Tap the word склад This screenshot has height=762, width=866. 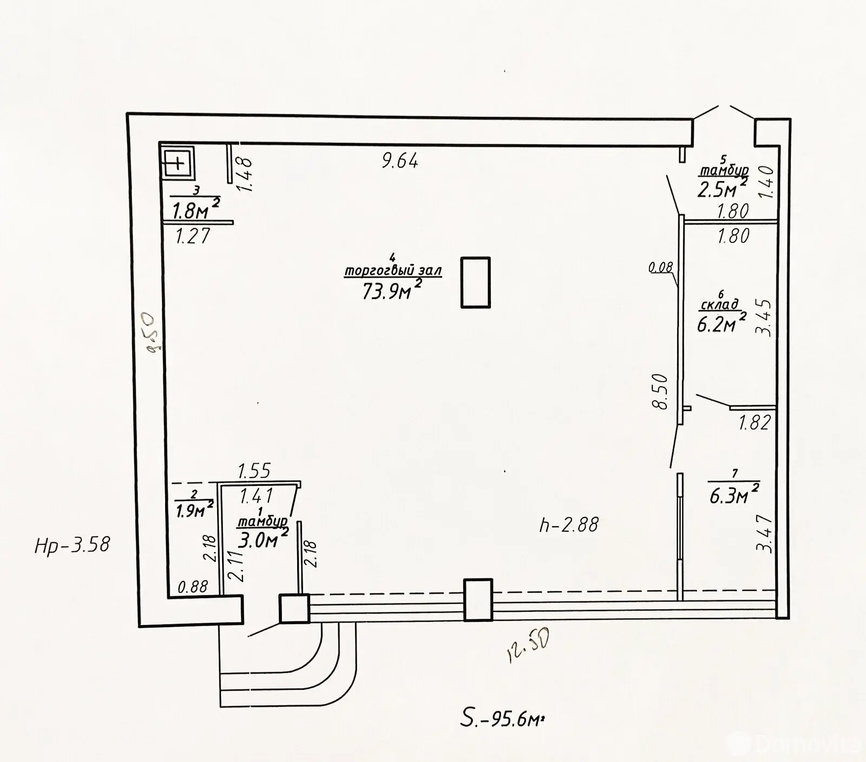point(719,305)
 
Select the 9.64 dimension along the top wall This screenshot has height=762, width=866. point(400,161)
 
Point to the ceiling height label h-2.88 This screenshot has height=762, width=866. point(569,524)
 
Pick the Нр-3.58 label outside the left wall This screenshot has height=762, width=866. point(72,544)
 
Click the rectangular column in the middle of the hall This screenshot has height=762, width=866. point(476,283)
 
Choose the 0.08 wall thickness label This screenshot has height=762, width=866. point(660,267)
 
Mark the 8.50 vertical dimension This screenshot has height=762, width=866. point(661,392)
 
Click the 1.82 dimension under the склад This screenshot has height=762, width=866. point(754,422)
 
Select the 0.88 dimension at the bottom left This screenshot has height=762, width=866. point(193,586)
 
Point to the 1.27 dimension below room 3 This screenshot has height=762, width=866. point(193,236)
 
